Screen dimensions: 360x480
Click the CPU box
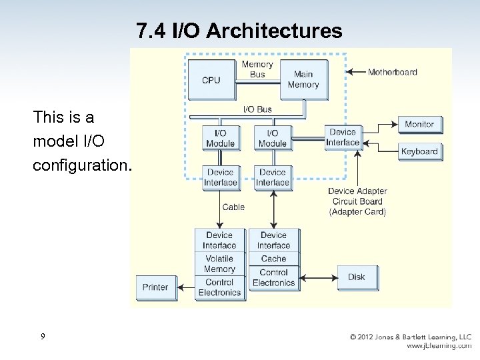click(x=211, y=80)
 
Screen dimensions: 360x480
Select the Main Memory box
click(x=303, y=79)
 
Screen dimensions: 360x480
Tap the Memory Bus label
click(x=257, y=69)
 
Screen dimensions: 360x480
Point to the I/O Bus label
click(x=257, y=109)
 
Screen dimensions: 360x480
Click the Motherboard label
click(x=393, y=72)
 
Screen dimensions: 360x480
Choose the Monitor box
click(x=419, y=124)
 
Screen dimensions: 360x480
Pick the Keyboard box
click(x=419, y=151)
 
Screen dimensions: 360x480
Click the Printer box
click(x=155, y=287)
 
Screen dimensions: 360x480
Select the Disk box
click(x=357, y=277)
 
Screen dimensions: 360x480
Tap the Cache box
click(x=273, y=259)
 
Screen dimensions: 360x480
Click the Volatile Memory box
click(x=219, y=264)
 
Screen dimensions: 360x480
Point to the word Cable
click(x=233, y=207)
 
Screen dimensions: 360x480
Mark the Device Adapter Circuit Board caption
click(x=357, y=201)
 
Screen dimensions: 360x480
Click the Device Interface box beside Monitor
click(x=343, y=137)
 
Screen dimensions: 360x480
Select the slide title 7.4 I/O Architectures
click(x=239, y=31)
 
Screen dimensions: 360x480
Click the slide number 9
click(x=43, y=337)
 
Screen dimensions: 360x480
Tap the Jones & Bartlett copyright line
click(x=411, y=337)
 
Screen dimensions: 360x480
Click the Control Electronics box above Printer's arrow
click(x=219, y=287)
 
